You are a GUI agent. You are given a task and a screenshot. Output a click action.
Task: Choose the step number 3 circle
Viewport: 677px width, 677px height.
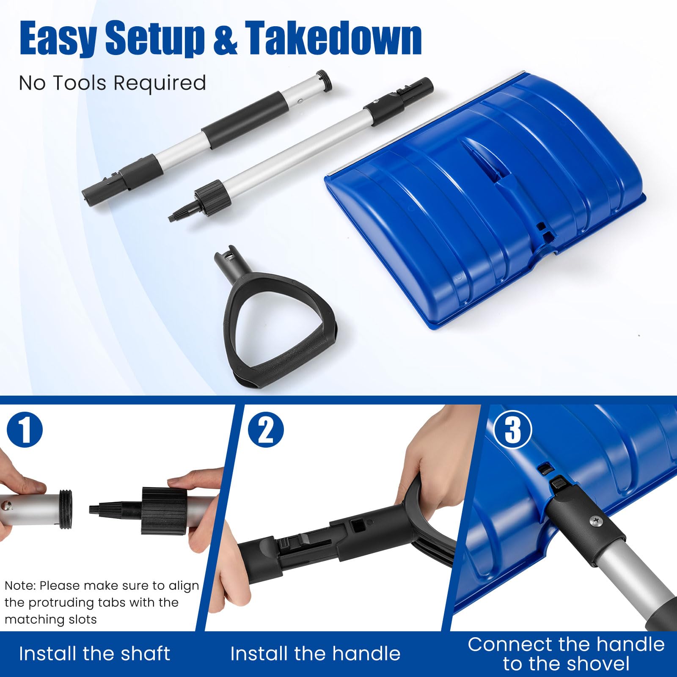[x=512, y=430]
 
